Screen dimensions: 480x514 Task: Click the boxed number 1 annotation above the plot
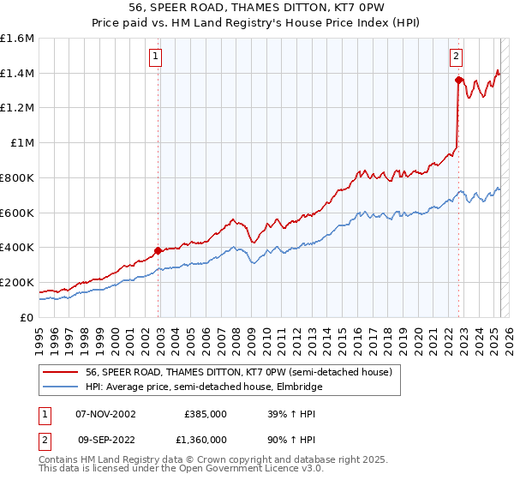click(x=156, y=57)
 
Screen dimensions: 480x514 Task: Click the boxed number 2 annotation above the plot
click(x=457, y=57)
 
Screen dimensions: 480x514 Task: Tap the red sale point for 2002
click(x=158, y=250)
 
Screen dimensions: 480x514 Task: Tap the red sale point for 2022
click(x=458, y=80)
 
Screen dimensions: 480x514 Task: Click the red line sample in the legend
click(x=60, y=372)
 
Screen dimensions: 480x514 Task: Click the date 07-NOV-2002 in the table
click(x=106, y=413)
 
